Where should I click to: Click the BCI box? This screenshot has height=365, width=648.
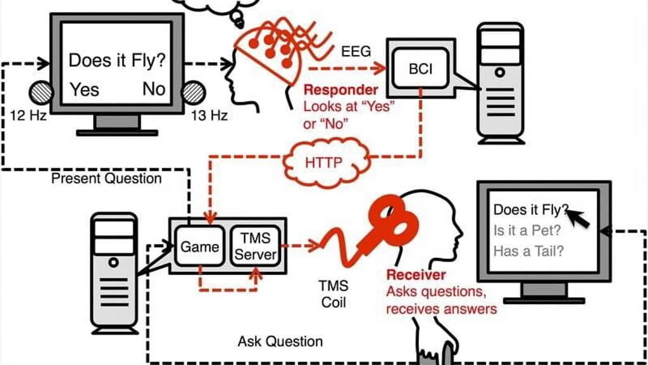coord(420,68)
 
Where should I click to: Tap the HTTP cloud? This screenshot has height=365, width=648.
coord(323,162)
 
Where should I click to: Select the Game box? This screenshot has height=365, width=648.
coord(199,247)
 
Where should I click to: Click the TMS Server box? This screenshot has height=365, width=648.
coord(256,247)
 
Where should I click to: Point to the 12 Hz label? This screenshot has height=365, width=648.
coord(29,115)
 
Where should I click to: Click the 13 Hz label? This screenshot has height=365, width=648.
coord(209,115)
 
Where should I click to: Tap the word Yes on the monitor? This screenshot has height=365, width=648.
coord(84,89)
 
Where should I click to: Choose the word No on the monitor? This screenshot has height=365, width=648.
coord(153,89)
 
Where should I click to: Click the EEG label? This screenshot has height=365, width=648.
coord(356,51)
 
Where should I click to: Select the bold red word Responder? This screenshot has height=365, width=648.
coord(340,90)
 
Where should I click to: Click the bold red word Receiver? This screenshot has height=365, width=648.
coord(416,275)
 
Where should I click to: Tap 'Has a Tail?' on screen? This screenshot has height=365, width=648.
coord(528,251)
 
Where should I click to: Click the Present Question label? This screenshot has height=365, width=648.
coord(106,179)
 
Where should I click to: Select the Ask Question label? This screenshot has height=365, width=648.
coord(280,342)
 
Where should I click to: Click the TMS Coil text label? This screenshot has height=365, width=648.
coord(334,294)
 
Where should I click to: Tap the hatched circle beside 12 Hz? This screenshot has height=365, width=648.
coord(41,93)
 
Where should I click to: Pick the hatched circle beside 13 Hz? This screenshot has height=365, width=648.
coord(193,93)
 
